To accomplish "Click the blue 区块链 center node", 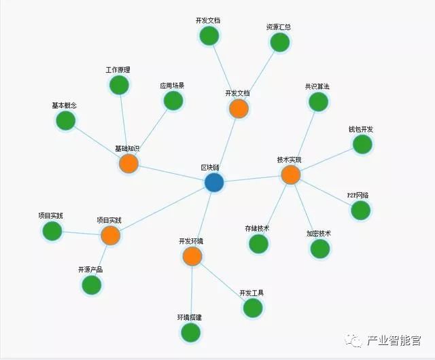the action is (214, 182).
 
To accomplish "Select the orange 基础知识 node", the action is (128, 164).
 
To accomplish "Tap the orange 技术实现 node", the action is (290, 175).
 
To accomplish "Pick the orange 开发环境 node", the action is (192, 256).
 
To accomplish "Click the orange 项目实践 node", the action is (110, 236).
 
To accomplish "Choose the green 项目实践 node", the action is (52, 231).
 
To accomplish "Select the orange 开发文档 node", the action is (239, 108).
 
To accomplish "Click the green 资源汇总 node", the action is (279, 42).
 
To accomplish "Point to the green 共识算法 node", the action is (317, 102).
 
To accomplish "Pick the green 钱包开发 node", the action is (362, 144).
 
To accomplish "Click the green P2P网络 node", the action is (360, 210).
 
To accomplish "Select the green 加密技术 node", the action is (319, 249).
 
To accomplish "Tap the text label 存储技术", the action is (258, 228).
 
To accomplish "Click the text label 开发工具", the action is (251, 293).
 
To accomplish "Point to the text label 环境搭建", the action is (190, 317).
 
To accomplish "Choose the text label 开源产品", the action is (90, 270).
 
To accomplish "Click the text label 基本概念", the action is (64, 106).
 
